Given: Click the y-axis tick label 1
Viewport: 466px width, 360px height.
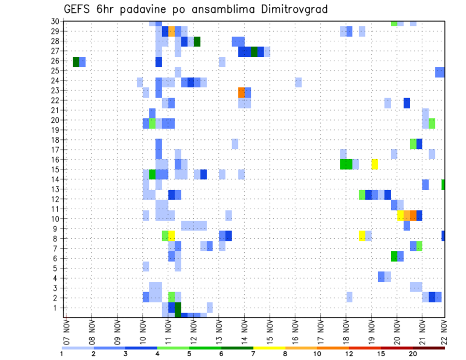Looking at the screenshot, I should pos(57,308).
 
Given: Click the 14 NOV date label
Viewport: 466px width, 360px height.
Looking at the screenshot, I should pos(244,332).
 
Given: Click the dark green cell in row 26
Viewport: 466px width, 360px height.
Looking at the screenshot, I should pos(76,62).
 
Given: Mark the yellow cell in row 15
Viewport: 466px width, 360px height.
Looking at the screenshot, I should pos(375,164).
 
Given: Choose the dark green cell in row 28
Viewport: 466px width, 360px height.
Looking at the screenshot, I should pos(197,42).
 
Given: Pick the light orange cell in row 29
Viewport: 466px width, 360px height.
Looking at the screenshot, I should pos(171,32).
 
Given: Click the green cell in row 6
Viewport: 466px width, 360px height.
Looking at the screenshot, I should pos(394,256).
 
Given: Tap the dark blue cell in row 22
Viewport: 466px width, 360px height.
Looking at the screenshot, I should pos(407,103).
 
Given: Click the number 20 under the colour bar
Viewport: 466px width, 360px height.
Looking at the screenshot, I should pos(413,354).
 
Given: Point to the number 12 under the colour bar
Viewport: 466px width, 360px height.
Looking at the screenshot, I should pos(349,354).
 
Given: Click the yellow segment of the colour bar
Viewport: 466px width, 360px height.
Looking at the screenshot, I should pos(269,348).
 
